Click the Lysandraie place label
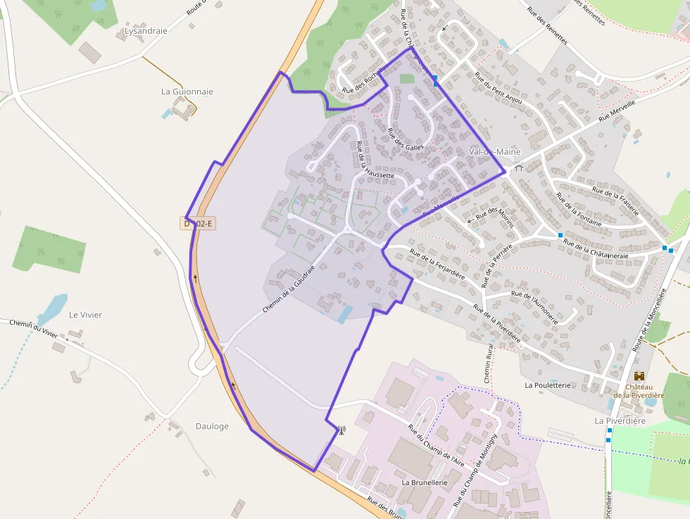point(146,31)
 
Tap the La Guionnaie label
point(187,92)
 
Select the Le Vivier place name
point(85,315)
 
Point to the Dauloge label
point(212,426)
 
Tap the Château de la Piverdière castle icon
point(639,376)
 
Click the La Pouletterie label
point(547,385)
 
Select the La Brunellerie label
point(425,482)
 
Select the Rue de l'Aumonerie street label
point(534,307)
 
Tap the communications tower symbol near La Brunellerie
point(341,430)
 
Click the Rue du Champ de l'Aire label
point(437,445)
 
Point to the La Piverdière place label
point(620,421)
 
